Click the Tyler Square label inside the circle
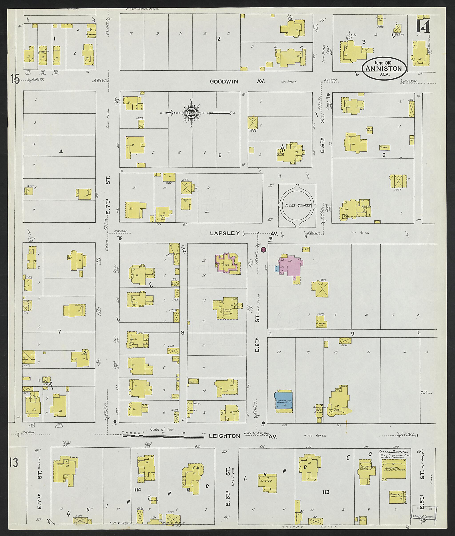(297, 205)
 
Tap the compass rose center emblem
(191, 113)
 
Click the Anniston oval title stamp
(384, 68)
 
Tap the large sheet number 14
(423, 27)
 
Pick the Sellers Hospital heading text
(393, 452)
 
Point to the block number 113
(326, 492)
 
